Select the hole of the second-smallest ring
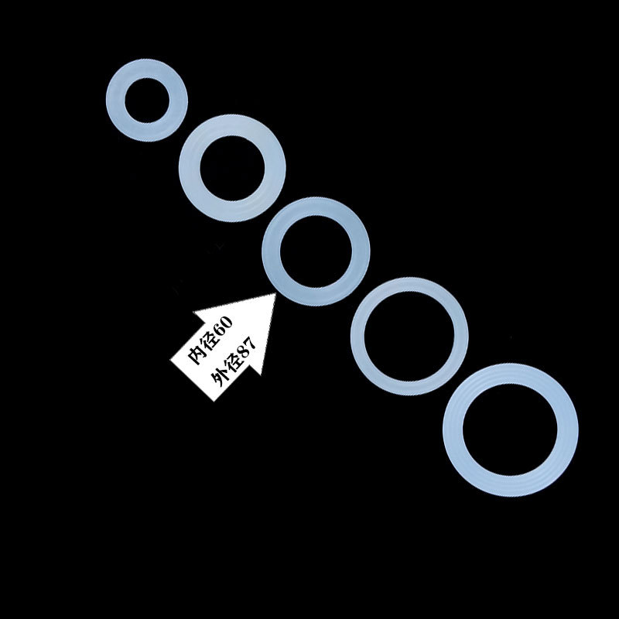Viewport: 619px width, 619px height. pyautogui.click(x=232, y=168)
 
